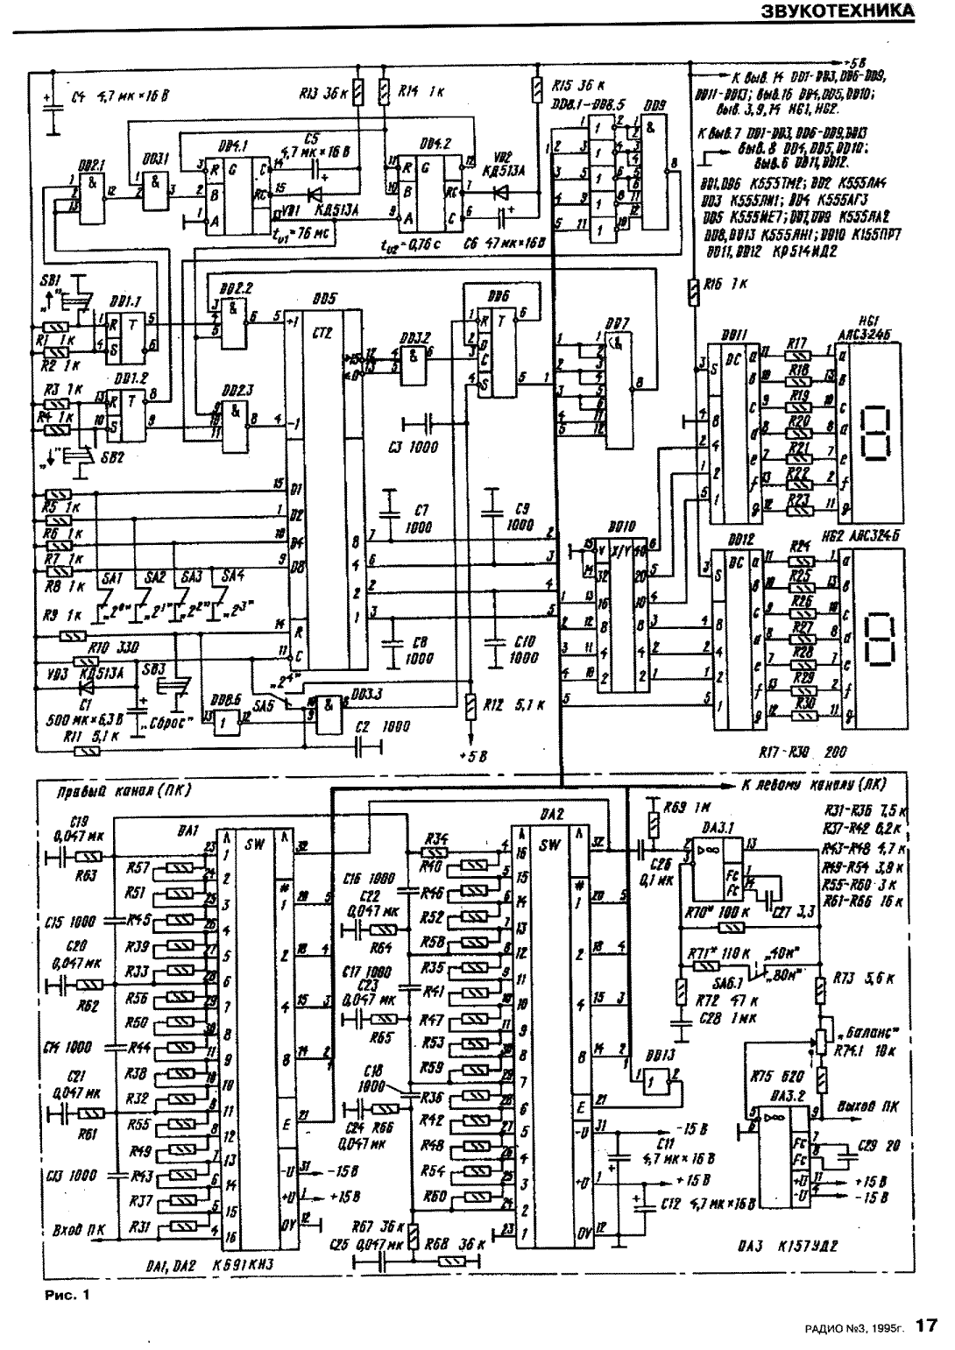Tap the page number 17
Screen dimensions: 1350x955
pyautogui.click(x=928, y=1326)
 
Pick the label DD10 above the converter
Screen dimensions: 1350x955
pyautogui.click(x=621, y=530)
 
